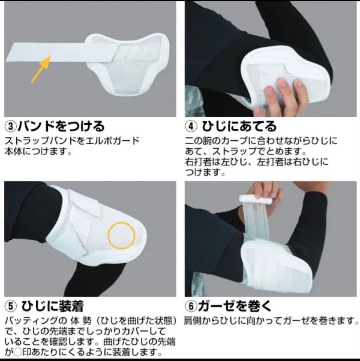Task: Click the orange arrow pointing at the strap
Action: [x=40, y=69]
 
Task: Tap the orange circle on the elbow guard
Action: [x=121, y=236]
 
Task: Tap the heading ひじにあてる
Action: [x=240, y=127]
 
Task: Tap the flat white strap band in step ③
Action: [x=50, y=53]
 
